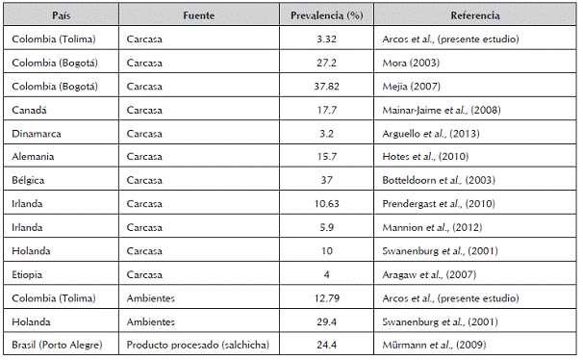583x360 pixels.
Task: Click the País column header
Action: [x=61, y=15]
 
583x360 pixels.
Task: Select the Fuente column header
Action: [x=199, y=15]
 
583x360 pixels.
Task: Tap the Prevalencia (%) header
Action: [x=326, y=15]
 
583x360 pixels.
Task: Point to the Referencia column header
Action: [x=475, y=15]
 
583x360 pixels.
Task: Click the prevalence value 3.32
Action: [x=326, y=39]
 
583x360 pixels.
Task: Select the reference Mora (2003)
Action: [x=411, y=63]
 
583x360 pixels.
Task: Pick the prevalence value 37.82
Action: [x=326, y=87]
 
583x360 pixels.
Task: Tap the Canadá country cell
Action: [x=29, y=110]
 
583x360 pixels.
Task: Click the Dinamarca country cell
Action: [x=37, y=134]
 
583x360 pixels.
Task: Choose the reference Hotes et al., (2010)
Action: [x=425, y=156]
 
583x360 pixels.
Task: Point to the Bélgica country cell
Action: [x=28, y=180]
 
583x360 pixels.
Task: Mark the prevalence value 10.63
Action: [x=326, y=204]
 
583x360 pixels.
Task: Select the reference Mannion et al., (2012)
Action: [x=432, y=227]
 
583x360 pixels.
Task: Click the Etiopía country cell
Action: [x=27, y=274]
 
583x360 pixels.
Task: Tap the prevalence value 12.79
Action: [x=326, y=298]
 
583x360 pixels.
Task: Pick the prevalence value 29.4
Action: [x=326, y=321]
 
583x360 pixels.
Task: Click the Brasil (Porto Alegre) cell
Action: [x=57, y=345]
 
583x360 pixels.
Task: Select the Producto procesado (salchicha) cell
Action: [x=198, y=345]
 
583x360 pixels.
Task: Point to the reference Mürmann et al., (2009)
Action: [x=434, y=345]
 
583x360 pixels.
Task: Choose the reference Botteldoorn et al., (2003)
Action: [x=439, y=180]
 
